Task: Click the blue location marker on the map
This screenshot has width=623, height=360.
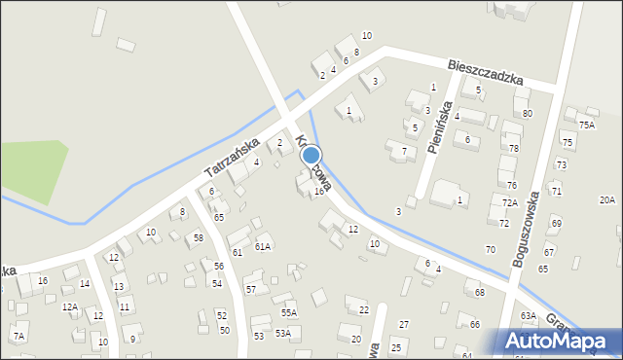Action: point(311,155)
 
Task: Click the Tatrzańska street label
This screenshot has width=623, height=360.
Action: point(232,157)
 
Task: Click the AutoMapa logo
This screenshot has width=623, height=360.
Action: point(560,341)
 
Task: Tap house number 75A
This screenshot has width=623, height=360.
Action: point(586,125)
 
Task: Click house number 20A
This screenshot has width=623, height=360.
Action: point(606,199)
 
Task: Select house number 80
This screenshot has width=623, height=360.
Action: point(527,113)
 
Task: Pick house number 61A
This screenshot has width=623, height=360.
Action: point(262,247)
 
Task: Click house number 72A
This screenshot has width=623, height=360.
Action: point(509,202)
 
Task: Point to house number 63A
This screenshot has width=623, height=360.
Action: point(528,315)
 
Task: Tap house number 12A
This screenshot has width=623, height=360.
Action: point(69,306)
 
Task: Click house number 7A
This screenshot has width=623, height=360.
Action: point(18,336)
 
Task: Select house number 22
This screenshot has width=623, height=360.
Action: point(363,309)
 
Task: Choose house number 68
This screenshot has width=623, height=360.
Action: point(479,292)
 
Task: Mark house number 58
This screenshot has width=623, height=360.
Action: point(198,237)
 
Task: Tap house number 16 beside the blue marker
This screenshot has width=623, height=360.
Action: point(318,191)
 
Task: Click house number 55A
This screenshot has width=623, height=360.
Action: point(289,312)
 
